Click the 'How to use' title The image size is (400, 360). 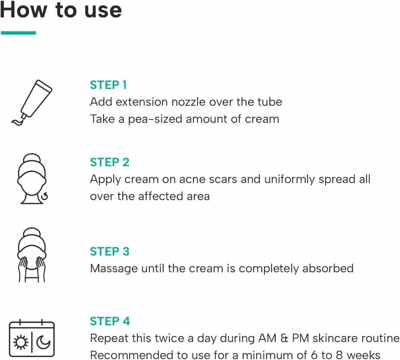coord(61,10)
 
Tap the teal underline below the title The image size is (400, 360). coord(18,33)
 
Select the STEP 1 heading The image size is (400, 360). coord(108,85)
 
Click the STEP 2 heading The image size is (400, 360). coord(109,162)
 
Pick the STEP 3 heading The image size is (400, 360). coord(109,252)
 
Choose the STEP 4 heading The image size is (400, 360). coord(110,321)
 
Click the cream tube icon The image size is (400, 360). coord(36,99)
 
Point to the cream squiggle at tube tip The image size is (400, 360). coord(17,122)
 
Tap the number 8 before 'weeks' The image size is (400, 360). coord(339,355)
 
